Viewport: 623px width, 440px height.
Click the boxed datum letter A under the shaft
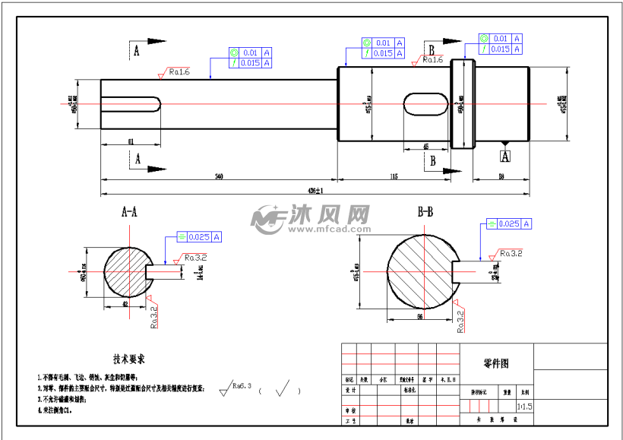tap(505, 156)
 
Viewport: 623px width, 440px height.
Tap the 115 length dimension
tap(394, 176)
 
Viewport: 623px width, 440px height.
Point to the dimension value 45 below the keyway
tap(425, 146)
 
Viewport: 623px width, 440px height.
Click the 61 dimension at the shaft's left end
tap(131, 141)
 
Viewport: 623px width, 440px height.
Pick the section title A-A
tap(129, 214)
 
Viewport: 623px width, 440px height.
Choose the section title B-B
tap(426, 211)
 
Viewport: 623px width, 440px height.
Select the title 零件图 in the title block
tap(496, 363)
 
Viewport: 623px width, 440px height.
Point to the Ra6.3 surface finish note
tap(242, 385)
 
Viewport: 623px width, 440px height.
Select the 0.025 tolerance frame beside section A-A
tap(199, 237)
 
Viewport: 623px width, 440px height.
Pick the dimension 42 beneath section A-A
tap(124, 304)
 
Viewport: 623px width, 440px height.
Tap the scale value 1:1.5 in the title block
tap(524, 406)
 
